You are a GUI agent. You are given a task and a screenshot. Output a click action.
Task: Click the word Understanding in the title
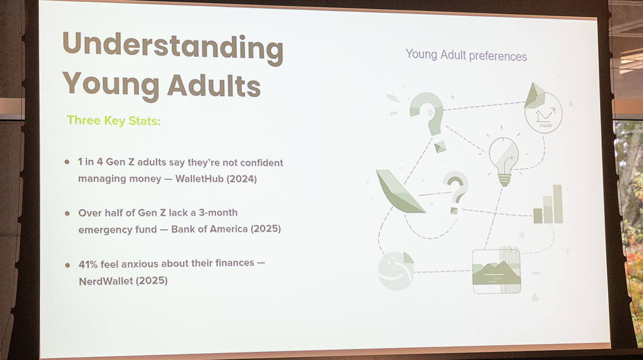[173, 47]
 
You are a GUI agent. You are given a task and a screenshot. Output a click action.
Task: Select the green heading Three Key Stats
[113, 121]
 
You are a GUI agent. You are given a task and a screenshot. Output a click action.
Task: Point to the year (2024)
[242, 179]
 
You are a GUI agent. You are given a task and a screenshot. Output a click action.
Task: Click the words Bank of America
[210, 229]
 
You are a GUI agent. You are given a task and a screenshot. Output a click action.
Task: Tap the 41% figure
[88, 264]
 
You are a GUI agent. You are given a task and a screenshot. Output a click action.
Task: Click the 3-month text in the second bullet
[218, 212]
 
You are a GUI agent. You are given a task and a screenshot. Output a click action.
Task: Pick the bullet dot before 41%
[67, 265]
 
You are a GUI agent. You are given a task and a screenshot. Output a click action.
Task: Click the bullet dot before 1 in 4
[67, 162]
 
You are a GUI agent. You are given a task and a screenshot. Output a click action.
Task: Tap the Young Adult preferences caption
[466, 55]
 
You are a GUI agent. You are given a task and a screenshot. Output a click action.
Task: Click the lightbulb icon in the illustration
[504, 161]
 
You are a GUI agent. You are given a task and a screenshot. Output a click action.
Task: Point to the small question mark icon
[456, 191]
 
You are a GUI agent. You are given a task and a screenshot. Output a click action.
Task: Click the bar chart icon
[548, 204]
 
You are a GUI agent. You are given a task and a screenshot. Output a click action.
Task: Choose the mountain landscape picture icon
[497, 271]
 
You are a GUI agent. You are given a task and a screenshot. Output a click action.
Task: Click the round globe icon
[396, 271]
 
